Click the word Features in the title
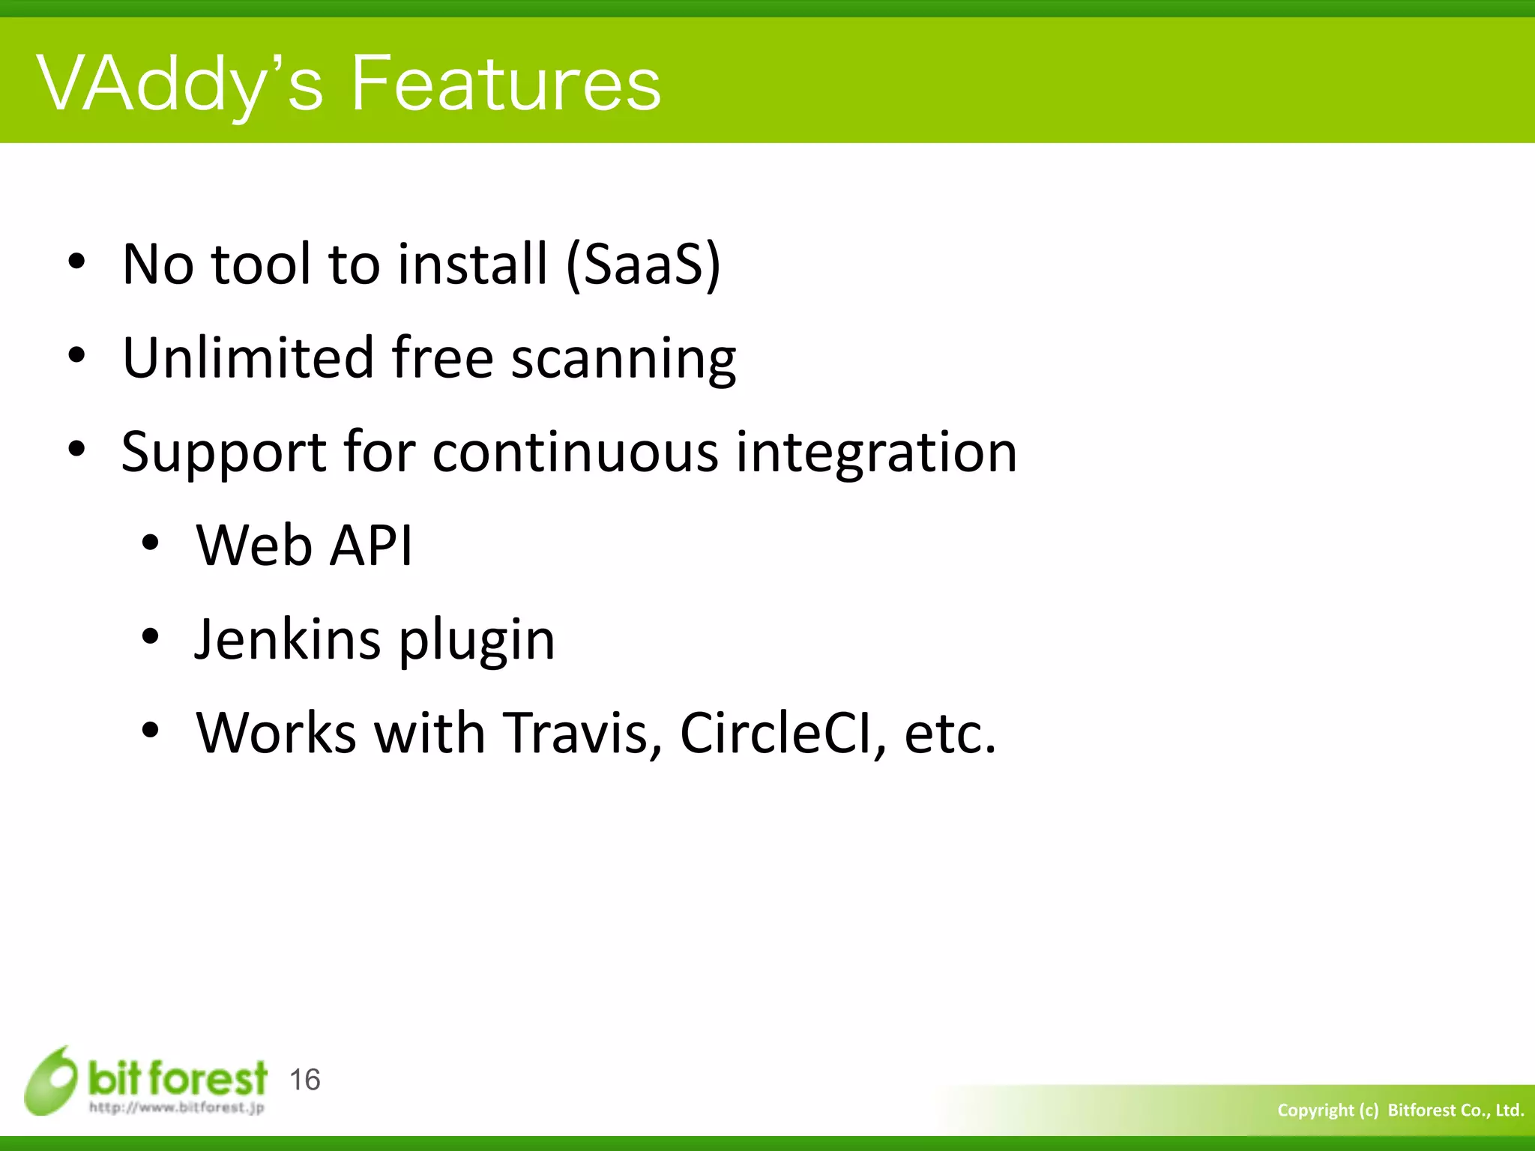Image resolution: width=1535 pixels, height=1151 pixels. tap(506, 84)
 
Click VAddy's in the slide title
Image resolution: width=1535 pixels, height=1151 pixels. tap(180, 84)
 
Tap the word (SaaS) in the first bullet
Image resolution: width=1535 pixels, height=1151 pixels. tap(643, 265)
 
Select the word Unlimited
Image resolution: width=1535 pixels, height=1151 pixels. tap(247, 358)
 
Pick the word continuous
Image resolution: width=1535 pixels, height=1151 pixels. tap(575, 453)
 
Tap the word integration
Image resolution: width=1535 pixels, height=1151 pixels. tap(876, 454)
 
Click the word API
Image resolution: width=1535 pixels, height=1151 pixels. tap(372, 546)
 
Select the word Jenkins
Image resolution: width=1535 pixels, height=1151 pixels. tap(287, 640)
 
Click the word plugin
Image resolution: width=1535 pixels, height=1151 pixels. tap(477, 643)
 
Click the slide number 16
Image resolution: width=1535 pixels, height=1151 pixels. tap(304, 1080)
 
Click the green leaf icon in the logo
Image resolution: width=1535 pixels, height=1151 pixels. tap(51, 1081)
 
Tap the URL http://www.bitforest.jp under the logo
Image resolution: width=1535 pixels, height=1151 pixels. tap(177, 1108)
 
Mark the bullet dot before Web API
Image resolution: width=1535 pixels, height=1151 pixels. tap(151, 544)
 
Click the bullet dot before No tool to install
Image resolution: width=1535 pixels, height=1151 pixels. tap(76, 262)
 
